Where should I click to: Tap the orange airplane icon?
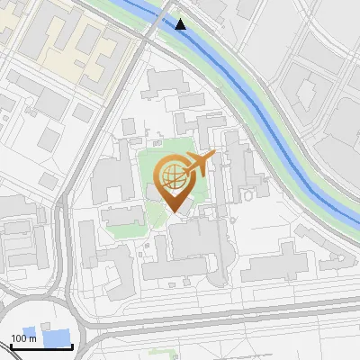199,164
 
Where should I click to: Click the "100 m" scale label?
23,339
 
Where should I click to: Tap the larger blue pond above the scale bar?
58,339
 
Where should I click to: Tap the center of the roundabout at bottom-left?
40,337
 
